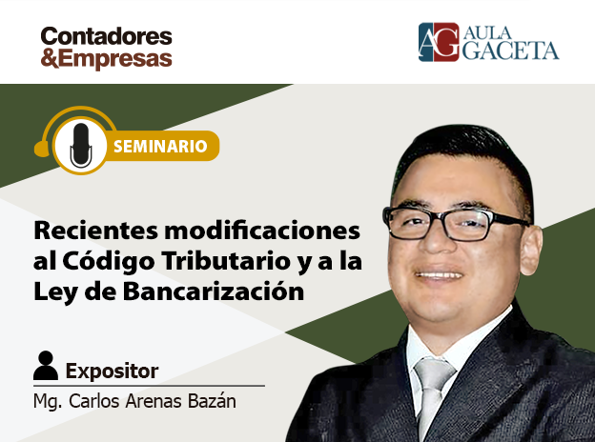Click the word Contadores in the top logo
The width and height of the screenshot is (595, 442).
coord(106,36)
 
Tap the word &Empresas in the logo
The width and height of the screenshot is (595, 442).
coord(106,58)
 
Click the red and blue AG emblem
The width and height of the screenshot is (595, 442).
coord(439,42)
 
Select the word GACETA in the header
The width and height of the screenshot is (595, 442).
coord(510,50)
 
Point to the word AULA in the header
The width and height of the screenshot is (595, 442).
coord(487,33)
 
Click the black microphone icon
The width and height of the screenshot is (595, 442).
coord(81,145)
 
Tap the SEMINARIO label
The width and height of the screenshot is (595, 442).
coord(160,147)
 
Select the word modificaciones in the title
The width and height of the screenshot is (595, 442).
coord(262,231)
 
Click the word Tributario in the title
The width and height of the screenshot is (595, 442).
coord(226,261)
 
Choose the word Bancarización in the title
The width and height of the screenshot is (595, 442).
coord(214,291)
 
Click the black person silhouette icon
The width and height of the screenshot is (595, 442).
coord(46,366)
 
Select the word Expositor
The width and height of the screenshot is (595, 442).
coord(112,372)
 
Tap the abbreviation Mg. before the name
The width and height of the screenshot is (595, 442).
coord(48,402)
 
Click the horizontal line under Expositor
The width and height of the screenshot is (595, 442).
coord(149,386)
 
